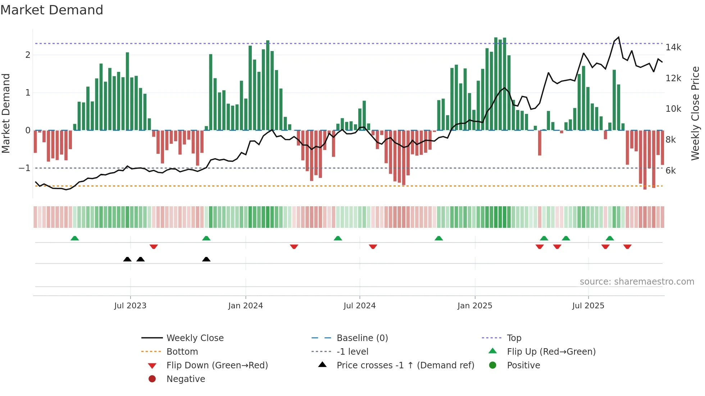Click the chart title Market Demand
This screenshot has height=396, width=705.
[x=52, y=10]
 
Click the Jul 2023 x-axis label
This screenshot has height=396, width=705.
[x=130, y=306]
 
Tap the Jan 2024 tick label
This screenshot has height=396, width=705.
[x=245, y=306]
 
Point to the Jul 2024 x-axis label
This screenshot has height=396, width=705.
[x=359, y=306]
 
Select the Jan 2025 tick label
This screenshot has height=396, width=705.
[x=475, y=306]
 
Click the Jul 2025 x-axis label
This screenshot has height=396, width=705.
[x=588, y=306]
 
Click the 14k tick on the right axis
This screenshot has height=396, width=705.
[x=673, y=47]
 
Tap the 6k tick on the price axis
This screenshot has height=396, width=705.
[x=671, y=171]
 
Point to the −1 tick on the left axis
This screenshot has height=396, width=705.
[x=24, y=168]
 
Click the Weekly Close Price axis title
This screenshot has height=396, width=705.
[x=695, y=113]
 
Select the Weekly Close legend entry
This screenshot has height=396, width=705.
[x=195, y=338]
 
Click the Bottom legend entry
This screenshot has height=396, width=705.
[x=182, y=352]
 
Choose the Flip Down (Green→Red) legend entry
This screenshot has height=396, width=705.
[x=217, y=365]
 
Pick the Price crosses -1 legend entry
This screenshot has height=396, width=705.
[x=405, y=365]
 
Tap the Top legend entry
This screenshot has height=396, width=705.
[x=514, y=338]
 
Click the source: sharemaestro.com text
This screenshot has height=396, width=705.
[x=637, y=282]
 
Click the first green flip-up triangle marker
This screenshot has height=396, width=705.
[x=75, y=238]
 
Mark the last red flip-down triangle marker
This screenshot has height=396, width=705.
[x=627, y=247]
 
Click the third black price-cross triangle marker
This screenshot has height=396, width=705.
[x=206, y=259]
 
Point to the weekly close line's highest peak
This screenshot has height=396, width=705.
[x=619, y=37]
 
